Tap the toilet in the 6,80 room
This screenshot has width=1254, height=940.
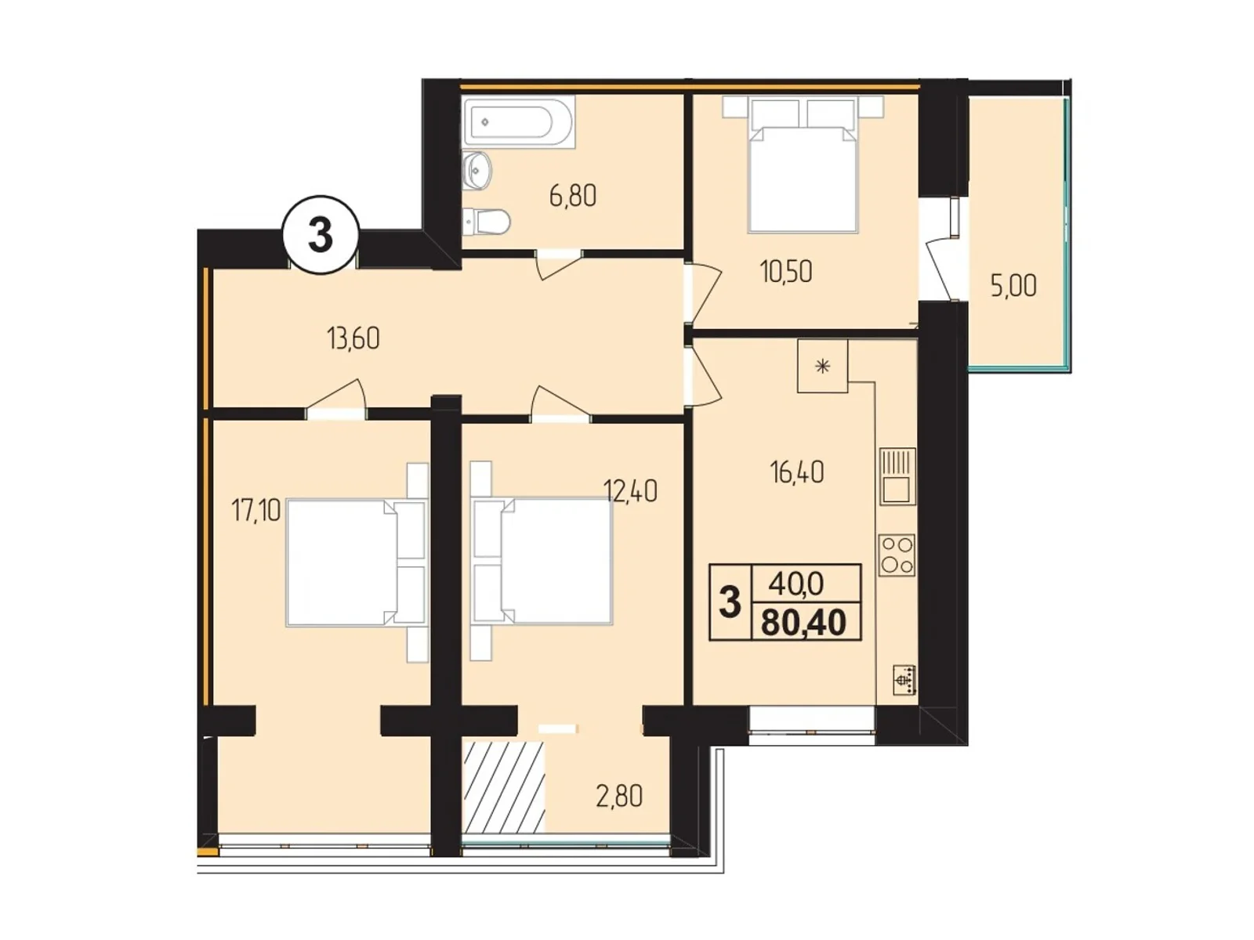pyautogui.click(x=487, y=222)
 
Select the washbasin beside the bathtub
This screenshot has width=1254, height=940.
pyautogui.click(x=477, y=170)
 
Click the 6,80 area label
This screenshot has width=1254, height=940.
pyautogui.click(x=573, y=195)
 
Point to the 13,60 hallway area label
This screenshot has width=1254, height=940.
pyautogui.click(x=353, y=338)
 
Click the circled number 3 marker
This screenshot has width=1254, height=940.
pyautogui.click(x=320, y=234)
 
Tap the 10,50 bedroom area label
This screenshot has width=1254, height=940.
pyautogui.click(x=785, y=272)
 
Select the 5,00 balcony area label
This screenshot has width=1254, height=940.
pyautogui.click(x=1013, y=286)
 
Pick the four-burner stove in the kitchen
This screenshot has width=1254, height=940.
pyautogui.click(x=897, y=555)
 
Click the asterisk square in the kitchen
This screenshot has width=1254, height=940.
pyautogui.click(x=823, y=366)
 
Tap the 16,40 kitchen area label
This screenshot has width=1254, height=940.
pyautogui.click(x=796, y=472)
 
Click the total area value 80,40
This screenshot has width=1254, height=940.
pyautogui.click(x=803, y=623)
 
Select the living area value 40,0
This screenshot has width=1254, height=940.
pyautogui.click(x=796, y=584)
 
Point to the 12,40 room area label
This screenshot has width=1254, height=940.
pyautogui.click(x=630, y=492)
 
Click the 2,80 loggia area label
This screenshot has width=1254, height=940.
pyautogui.click(x=619, y=797)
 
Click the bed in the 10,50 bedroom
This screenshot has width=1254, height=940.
pyautogui.click(x=803, y=176)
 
